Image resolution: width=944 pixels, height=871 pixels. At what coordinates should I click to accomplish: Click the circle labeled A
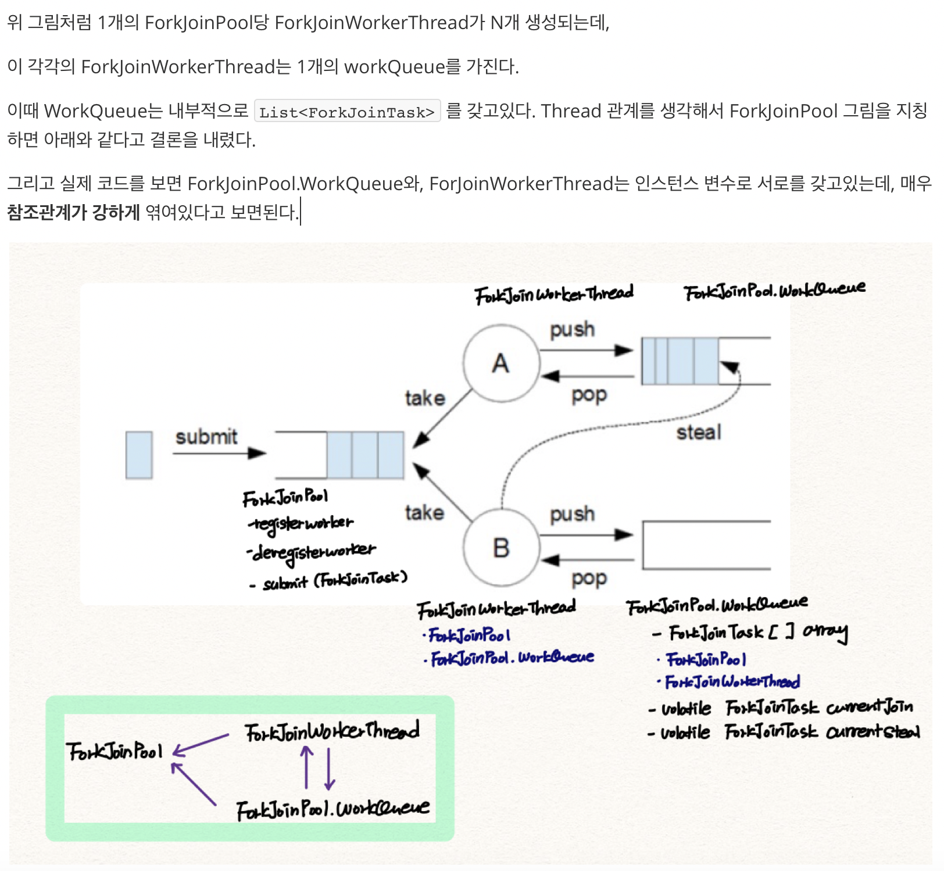pyautogui.click(x=501, y=363)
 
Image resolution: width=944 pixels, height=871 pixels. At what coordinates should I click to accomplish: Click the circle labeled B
pyautogui.click(x=501, y=547)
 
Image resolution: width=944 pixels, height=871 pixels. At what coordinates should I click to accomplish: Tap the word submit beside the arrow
pyautogui.click(x=206, y=437)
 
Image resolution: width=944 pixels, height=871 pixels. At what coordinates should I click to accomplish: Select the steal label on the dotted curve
pyautogui.click(x=698, y=432)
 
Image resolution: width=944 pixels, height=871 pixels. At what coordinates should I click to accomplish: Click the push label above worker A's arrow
pyautogui.click(x=572, y=330)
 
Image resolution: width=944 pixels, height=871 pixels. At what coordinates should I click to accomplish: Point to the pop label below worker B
pyautogui.click(x=589, y=579)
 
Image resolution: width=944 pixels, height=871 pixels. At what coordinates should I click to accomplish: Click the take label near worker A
pyautogui.click(x=425, y=398)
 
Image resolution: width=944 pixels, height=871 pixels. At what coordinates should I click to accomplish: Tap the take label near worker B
pyautogui.click(x=424, y=513)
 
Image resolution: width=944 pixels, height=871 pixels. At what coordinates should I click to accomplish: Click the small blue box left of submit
pyautogui.click(x=139, y=455)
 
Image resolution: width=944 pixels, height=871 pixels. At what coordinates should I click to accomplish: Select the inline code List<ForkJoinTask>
pyautogui.click(x=347, y=112)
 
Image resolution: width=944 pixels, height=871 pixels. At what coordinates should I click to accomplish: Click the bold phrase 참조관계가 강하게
pyautogui.click(x=74, y=212)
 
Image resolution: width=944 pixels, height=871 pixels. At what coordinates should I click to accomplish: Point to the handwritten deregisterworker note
pyautogui.click(x=312, y=551)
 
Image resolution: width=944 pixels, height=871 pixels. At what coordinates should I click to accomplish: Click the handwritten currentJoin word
pyautogui.click(x=870, y=707)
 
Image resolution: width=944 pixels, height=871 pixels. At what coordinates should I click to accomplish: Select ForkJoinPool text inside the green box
pyautogui.click(x=115, y=751)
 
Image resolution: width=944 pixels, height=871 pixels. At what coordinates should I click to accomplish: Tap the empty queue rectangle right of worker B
pyautogui.click(x=706, y=545)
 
